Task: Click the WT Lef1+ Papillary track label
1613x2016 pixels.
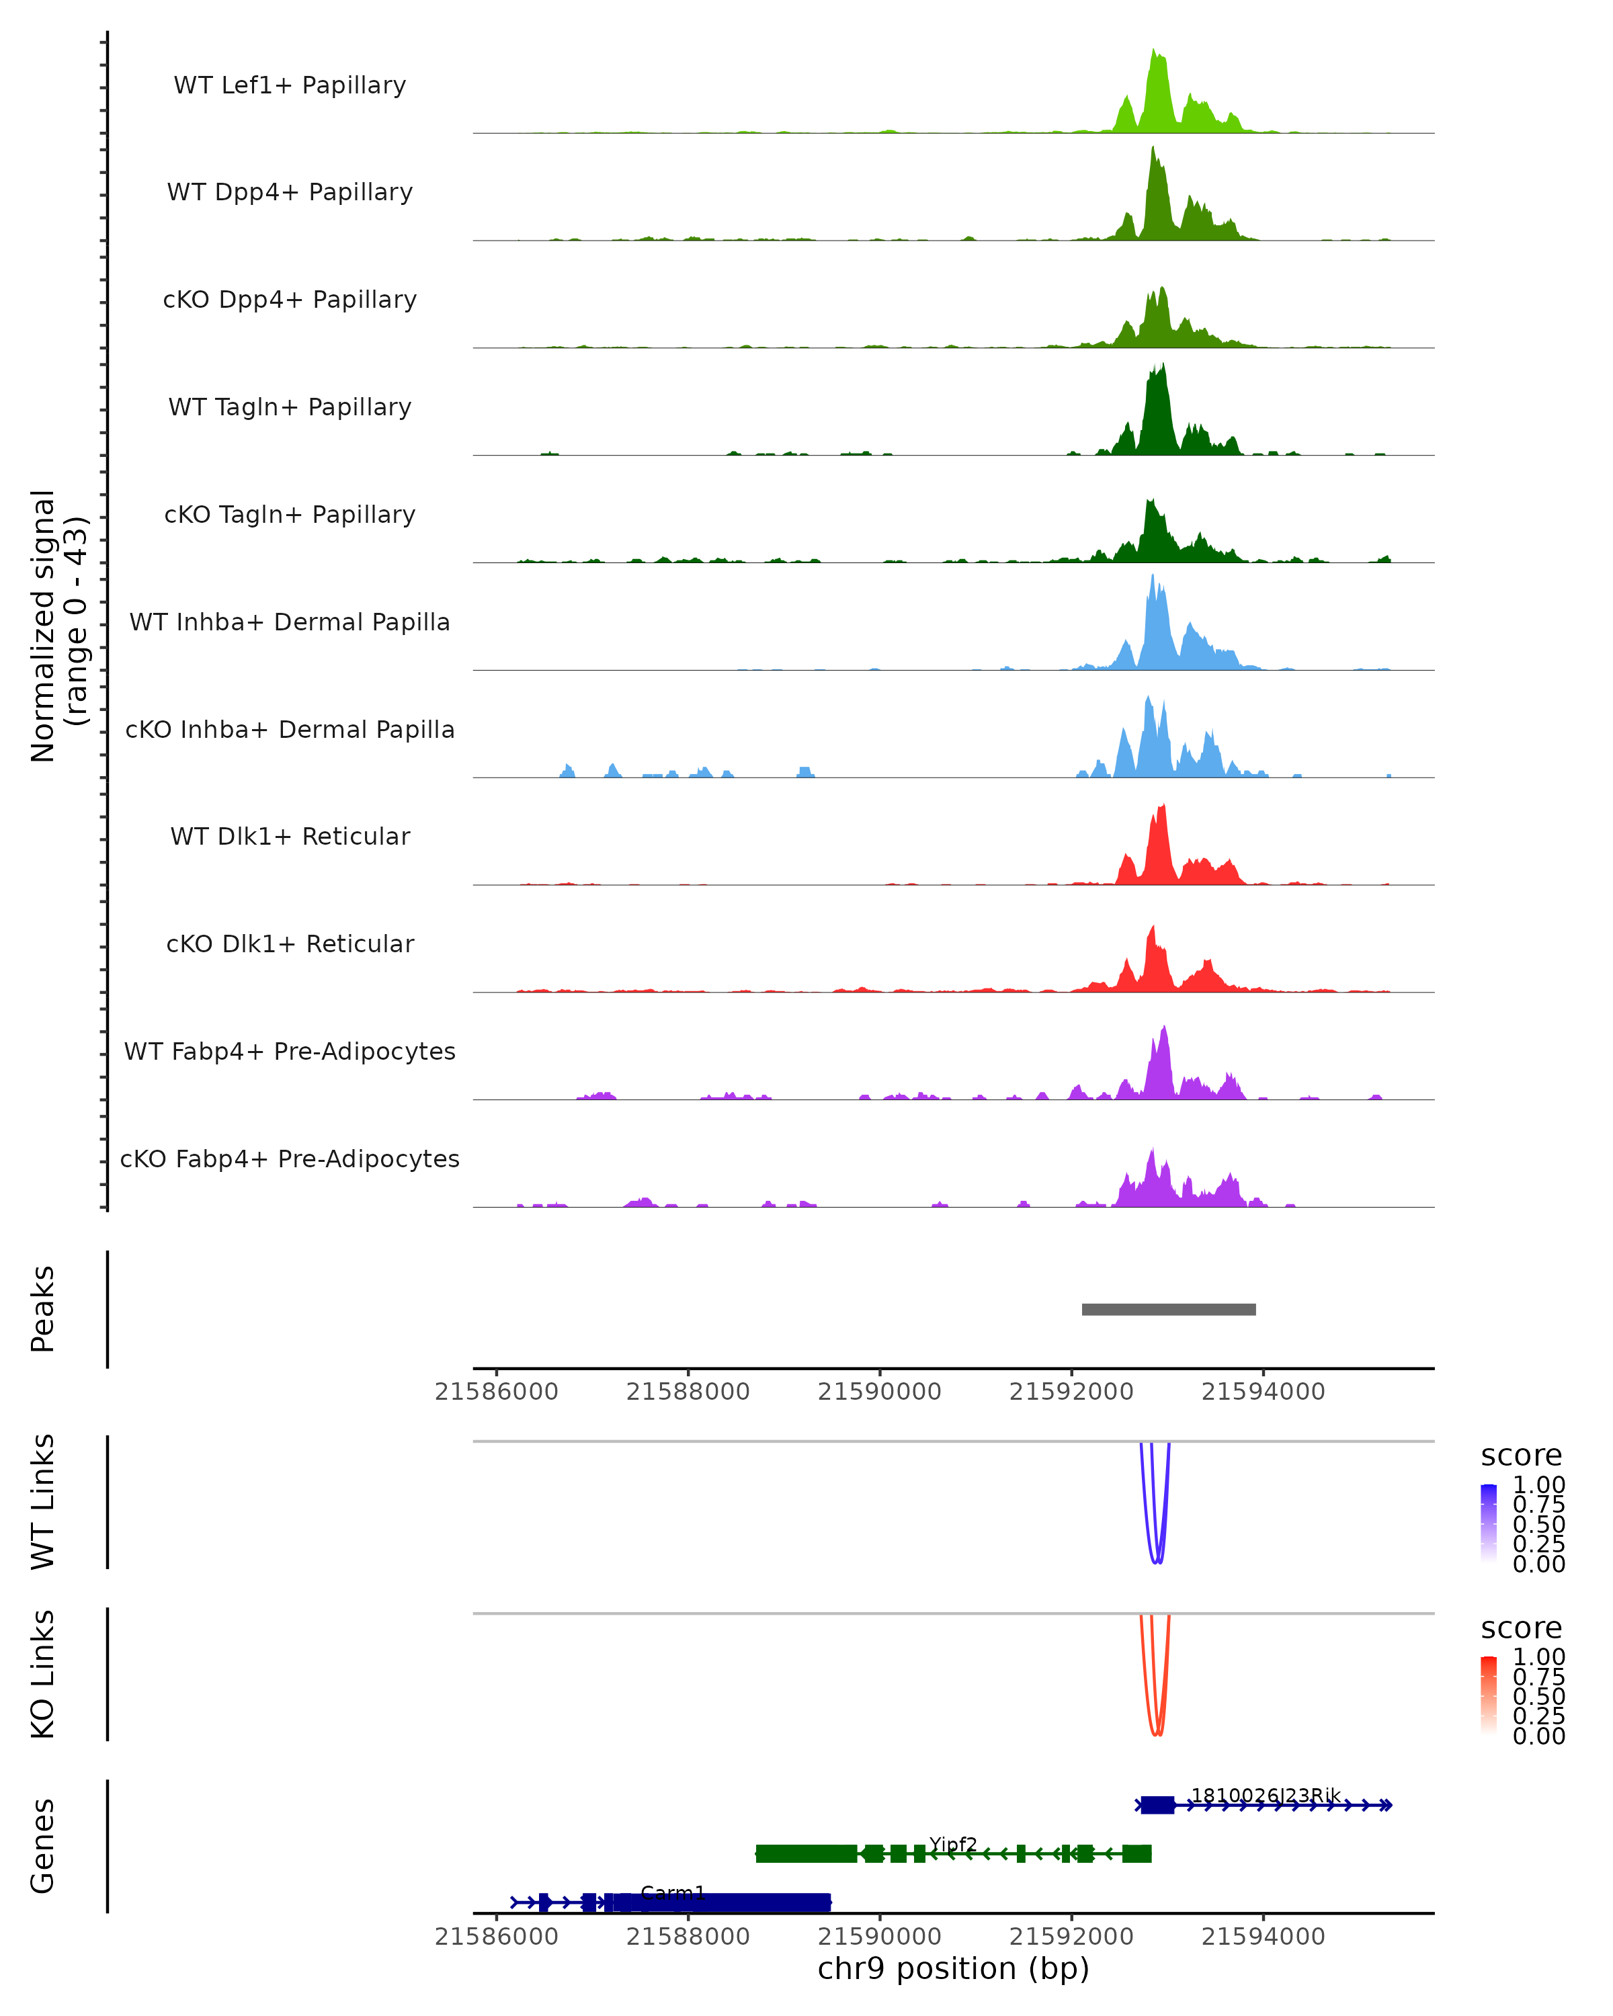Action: (290, 85)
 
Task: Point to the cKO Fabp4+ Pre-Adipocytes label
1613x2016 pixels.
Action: (290, 1159)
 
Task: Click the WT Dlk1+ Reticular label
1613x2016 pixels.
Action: (290, 837)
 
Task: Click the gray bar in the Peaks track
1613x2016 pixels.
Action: (1169, 1309)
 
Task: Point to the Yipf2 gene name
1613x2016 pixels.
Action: (953, 1844)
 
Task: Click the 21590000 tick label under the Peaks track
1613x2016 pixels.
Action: (879, 1392)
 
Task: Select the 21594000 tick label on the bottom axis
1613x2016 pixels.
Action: (1262, 1937)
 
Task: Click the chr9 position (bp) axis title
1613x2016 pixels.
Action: (953, 1969)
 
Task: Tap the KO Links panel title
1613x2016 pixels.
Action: (43, 1674)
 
